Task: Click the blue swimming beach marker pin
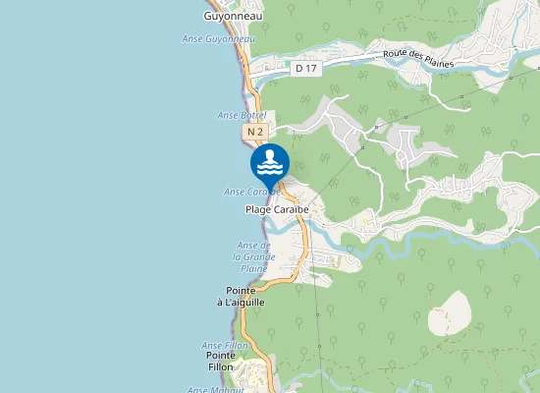pos(270,163)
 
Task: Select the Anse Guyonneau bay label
pos(213,38)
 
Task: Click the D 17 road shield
pos(305,68)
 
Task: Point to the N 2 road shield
pos(255,131)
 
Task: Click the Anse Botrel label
pos(241,115)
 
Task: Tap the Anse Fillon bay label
pos(224,346)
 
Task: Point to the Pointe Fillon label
pos(221,361)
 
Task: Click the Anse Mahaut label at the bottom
pos(210,389)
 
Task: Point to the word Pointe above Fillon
pos(221,355)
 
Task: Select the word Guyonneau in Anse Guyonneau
pos(225,38)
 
